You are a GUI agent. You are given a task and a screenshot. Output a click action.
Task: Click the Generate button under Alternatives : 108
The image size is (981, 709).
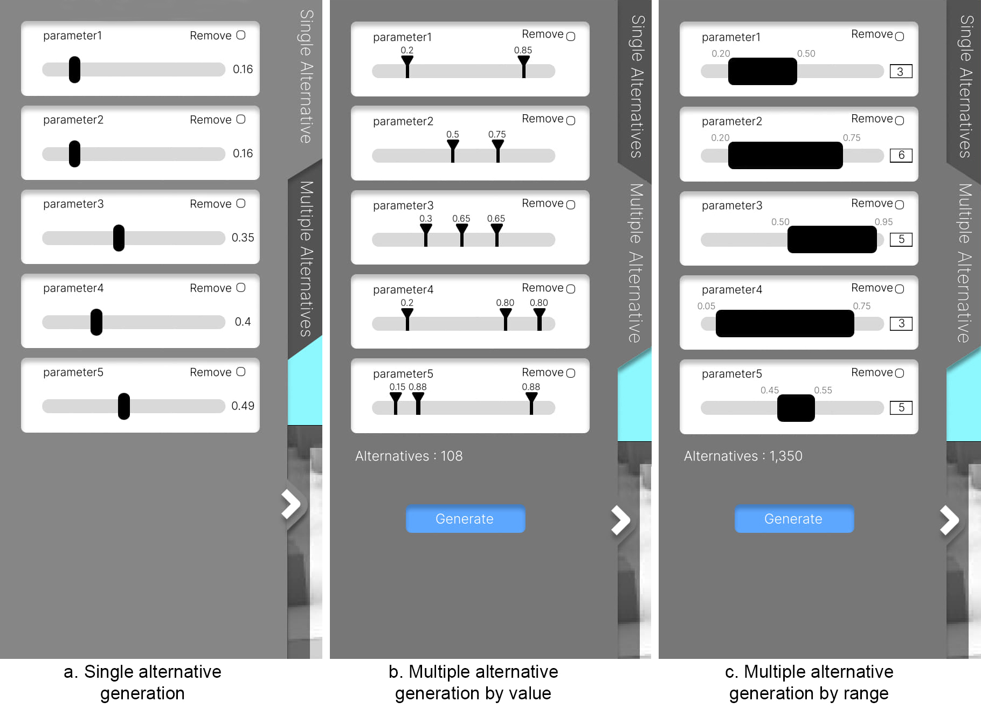point(465,519)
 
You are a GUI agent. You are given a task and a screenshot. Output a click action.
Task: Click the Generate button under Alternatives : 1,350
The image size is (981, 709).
point(794,519)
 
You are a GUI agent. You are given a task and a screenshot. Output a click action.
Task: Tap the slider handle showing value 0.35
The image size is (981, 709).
point(119,238)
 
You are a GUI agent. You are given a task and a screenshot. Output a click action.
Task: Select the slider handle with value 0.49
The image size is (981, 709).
point(124,406)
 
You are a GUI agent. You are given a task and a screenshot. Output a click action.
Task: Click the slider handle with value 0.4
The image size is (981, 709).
point(96,322)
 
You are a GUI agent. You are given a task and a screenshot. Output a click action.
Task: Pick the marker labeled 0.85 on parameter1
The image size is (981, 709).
point(523,66)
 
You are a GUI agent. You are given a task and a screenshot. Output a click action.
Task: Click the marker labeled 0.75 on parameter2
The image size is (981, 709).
point(498,151)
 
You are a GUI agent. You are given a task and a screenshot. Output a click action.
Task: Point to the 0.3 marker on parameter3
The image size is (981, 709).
point(426,235)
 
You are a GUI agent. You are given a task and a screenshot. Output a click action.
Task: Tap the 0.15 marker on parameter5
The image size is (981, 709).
point(396,403)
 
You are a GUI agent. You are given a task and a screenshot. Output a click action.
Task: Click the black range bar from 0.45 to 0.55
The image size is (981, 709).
point(796,408)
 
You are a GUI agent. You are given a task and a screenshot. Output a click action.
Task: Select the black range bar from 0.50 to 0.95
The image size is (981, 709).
point(832,240)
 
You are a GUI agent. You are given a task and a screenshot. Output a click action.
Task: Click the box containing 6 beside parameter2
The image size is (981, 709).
point(901,155)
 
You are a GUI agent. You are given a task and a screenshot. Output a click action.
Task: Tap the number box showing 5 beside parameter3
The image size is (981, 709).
point(901,239)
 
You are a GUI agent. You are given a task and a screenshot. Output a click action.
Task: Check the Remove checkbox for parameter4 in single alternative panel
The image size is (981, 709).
point(241,288)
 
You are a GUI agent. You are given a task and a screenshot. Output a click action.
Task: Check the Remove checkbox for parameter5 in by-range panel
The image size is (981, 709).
point(899,373)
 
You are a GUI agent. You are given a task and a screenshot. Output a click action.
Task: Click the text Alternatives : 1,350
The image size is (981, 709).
point(743,456)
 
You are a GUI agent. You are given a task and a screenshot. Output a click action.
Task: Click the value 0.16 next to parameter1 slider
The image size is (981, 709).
point(243,69)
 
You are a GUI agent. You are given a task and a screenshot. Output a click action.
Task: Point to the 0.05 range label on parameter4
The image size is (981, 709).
point(706,306)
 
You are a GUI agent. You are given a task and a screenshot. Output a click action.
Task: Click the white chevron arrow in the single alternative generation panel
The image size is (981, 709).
point(292,504)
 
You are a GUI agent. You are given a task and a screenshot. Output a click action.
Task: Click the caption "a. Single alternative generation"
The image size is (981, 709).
point(142,682)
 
